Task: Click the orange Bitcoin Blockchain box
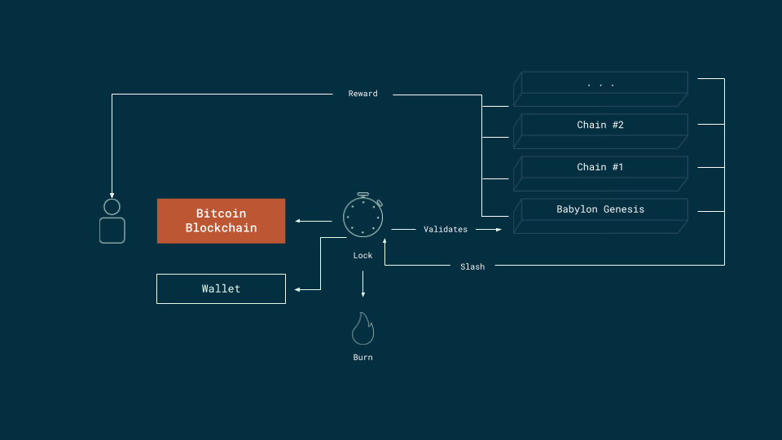[221, 221]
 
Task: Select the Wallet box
[221, 288]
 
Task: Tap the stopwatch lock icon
[362, 217]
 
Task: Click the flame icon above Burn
[362, 328]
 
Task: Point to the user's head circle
[112, 207]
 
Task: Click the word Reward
[362, 94]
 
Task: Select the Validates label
[446, 230]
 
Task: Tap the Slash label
[472, 266]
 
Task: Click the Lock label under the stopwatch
[362, 256]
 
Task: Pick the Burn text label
[362, 357]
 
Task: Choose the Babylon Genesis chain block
[600, 209]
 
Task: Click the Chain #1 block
[600, 167]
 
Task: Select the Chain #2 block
[600, 125]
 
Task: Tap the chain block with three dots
[600, 83]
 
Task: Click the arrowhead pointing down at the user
[112, 192]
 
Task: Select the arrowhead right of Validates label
[498, 230]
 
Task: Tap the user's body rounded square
[112, 231]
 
